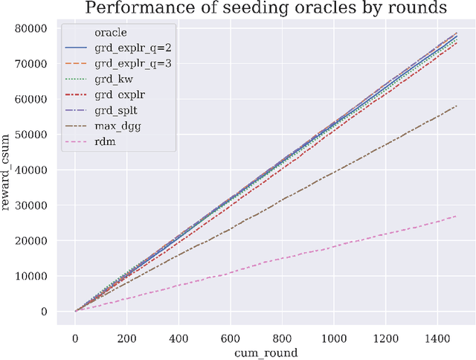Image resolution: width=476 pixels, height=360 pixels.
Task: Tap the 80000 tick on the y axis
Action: pyautogui.click(x=39, y=28)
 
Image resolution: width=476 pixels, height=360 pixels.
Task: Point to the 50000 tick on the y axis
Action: pyautogui.click(x=39, y=135)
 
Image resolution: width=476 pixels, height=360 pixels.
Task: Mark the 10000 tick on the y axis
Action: pyautogui.click(x=39, y=276)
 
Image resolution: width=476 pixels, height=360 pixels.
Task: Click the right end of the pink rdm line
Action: pyautogui.click(x=457, y=216)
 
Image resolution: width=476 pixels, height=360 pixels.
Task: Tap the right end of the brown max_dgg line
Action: pyautogui.click(x=457, y=106)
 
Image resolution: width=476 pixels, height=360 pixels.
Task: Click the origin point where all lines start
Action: pyautogui.click(x=76, y=311)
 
